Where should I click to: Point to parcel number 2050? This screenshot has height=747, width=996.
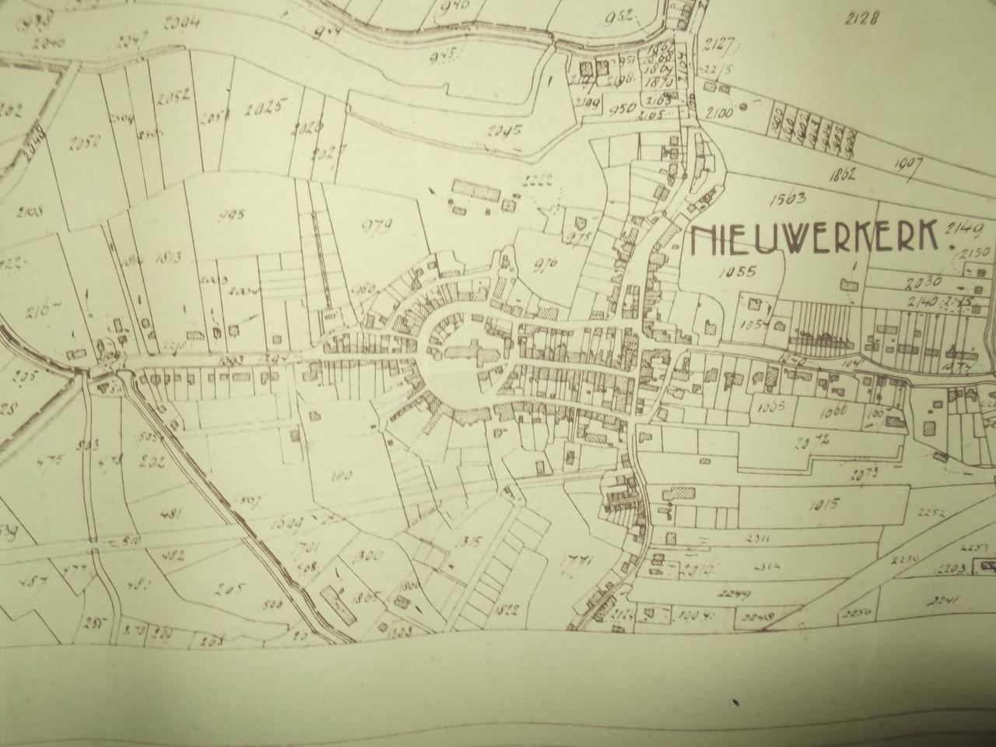[x=86, y=143]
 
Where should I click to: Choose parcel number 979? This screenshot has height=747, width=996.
[x=377, y=226]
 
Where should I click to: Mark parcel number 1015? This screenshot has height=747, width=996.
[x=822, y=505]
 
